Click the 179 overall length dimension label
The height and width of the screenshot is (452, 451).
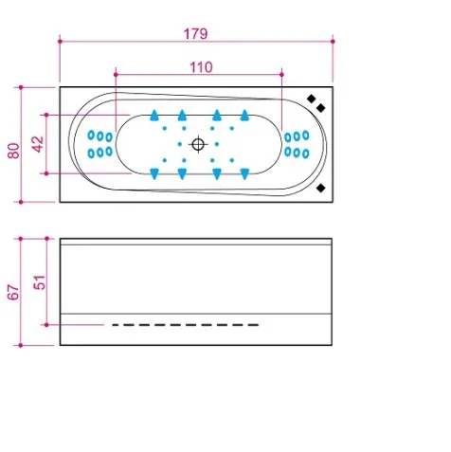(195, 34)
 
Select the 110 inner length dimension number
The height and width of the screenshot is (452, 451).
(201, 67)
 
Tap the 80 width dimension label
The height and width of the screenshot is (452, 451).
(14, 151)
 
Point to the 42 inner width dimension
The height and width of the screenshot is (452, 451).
(38, 144)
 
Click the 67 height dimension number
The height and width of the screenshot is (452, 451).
(13, 292)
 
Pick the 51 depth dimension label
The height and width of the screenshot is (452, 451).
(40, 282)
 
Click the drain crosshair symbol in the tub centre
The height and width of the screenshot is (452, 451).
(198, 145)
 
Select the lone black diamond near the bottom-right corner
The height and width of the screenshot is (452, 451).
(321, 189)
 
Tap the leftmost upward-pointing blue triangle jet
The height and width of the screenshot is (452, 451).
(154, 116)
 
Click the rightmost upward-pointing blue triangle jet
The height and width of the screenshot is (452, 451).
(244, 116)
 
